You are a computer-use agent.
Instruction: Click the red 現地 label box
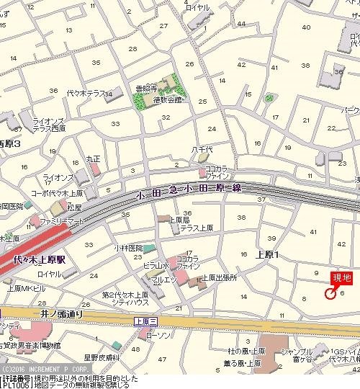click(341, 279)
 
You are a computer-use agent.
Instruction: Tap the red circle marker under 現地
click(331, 293)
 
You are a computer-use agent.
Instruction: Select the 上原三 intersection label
click(145, 321)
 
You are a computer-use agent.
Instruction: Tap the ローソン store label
click(158, 335)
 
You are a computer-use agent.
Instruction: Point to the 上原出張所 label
click(219, 277)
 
